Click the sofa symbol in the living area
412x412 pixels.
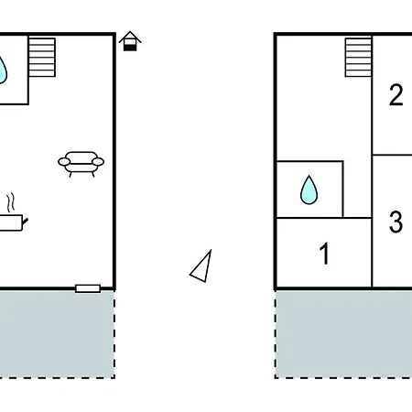pyautogui.click(x=81, y=164)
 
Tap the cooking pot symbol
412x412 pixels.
pyautogui.click(x=12, y=222)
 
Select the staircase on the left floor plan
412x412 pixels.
pyautogui.click(x=42, y=58)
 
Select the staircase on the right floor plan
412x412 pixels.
pyautogui.click(x=358, y=58)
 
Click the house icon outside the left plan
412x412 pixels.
pyautogui.click(x=130, y=41)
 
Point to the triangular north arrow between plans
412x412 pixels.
pyautogui.click(x=201, y=266)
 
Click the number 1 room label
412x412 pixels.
pyautogui.click(x=324, y=254)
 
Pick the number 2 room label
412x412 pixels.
pyautogui.click(x=396, y=95)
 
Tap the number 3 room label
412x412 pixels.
pyautogui.click(x=396, y=222)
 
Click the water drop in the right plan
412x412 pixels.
pyautogui.click(x=309, y=190)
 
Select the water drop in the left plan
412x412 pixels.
pyautogui.click(x=3, y=70)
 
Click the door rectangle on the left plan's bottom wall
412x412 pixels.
pyautogui.click(x=88, y=288)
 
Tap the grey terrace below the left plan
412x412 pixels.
pyautogui.click(x=57, y=334)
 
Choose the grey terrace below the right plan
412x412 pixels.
pyautogui.click(x=343, y=334)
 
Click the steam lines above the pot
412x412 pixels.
pyautogui.click(x=11, y=201)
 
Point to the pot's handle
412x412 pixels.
pyautogui.click(x=26, y=222)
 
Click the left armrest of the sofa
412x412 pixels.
pyautogui.click(x=64, y=162)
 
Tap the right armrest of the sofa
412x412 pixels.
pyautogui.click(x=98, y=161)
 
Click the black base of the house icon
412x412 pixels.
pyautogui.click(x=130, y=48)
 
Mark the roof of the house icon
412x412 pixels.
pyautogui.click(x=130, y=37)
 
